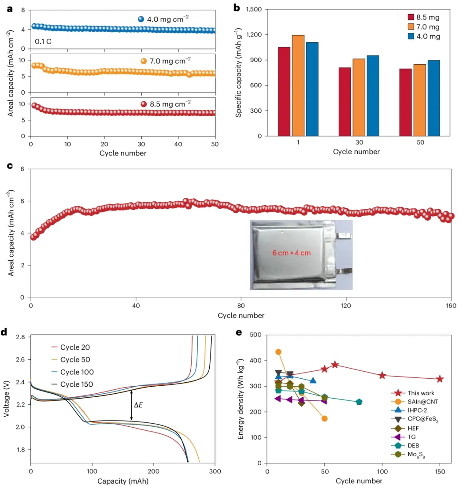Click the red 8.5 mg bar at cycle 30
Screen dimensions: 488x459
(x=344, y=102)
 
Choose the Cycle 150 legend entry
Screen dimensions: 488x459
(x=76, y=384)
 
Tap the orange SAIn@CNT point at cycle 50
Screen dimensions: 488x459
(x=325, y=418)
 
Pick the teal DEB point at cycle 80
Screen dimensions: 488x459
(x=359, y=402)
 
